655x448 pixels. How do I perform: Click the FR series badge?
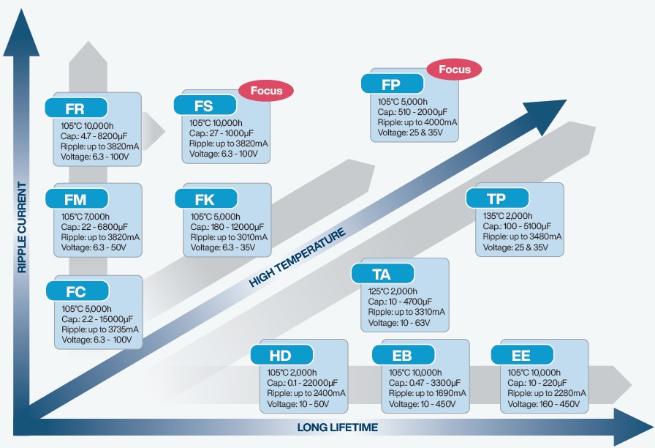(x=76, y=109)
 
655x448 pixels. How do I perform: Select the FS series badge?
(x=205, y=106)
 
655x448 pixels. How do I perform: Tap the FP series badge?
(x=392, y=84)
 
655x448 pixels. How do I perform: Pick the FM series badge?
(x=76, y=198)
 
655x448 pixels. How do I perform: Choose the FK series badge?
(x=206, y=198)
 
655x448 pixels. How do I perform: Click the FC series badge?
(x=76, y=291)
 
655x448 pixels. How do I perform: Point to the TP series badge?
(x=497, y=198)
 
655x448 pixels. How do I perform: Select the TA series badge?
(x=382, y=275)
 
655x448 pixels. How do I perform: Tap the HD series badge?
(x=281, y=356)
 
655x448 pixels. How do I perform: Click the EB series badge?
(x=403, y=356)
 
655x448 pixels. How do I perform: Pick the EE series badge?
(x=522, y=356)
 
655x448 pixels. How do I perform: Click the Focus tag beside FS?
(x=266, y=91)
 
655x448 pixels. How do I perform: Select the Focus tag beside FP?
(x=454, y=70)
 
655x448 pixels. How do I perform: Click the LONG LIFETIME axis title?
(x=337, y=428)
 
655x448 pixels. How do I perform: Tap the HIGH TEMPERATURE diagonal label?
(x=297, y=258)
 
